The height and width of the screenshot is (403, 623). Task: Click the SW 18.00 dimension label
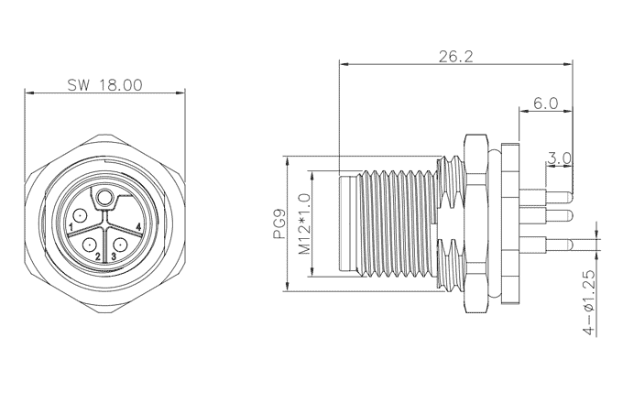point(104,84)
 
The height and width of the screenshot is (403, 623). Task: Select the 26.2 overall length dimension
point(455,57)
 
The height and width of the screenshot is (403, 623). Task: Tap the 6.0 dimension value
point(545,103)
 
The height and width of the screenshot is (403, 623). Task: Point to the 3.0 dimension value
point(559,158)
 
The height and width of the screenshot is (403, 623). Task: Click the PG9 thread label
point(279,224)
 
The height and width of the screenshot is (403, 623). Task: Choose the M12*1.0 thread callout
point(304,223)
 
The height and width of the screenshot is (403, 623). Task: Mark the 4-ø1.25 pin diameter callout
point(590,302)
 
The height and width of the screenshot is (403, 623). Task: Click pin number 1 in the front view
point(71,227)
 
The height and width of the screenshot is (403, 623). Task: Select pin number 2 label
point(97,256)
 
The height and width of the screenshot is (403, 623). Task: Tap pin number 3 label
point(114,256)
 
